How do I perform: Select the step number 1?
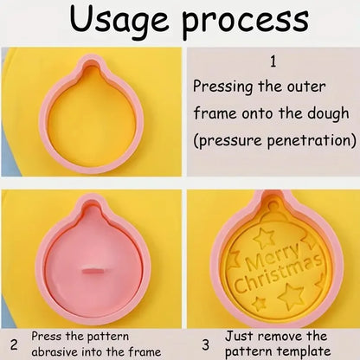coord(273,62)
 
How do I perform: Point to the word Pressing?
coord(222,87)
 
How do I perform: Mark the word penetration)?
coord(310,139)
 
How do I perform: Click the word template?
coord(306,352)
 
